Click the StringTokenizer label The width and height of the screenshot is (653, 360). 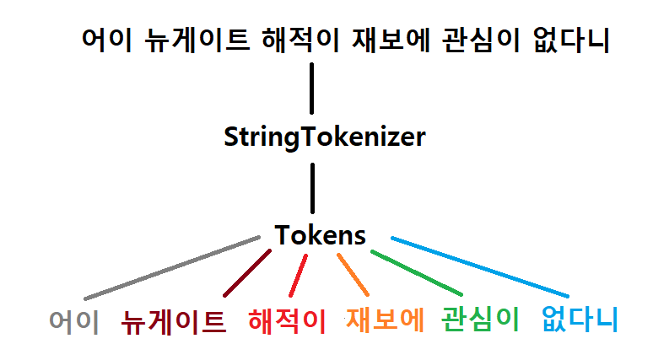[x=325, y=137]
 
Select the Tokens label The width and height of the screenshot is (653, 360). [x=321, y=235]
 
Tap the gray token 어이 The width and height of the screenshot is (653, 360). [x=74, y=321]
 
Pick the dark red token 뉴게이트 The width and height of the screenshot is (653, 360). [x=174, y=321]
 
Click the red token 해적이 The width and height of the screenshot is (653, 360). [x=287, y=320]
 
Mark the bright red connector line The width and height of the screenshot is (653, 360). [x=299, y=275]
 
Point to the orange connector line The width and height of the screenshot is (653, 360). [x=353, y=273]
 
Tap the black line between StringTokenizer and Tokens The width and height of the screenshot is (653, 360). [x=312, y=187]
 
